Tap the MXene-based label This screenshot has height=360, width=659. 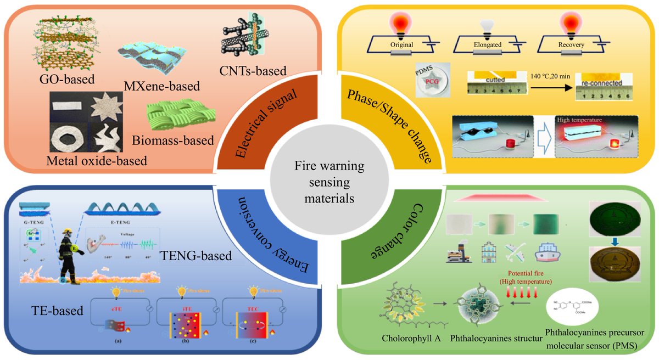pyautogui.click(x=160, y=86)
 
